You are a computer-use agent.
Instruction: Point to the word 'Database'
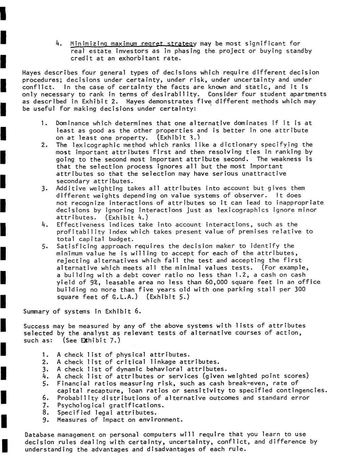pos(39,435)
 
